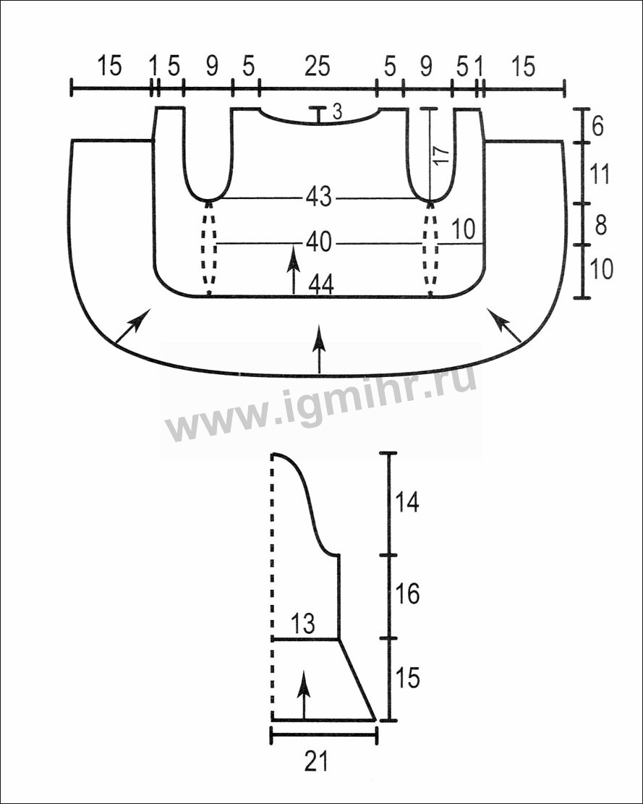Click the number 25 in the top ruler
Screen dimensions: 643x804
pos(318,67)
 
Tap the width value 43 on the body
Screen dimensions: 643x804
pos(319,197)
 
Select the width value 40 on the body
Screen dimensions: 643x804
pos(319,242)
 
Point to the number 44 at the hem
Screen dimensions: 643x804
pos(321,285)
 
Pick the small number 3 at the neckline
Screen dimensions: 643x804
pos(337,111)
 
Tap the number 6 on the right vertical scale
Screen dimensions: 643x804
pos(597,126)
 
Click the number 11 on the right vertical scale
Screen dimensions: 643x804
pos(600,174)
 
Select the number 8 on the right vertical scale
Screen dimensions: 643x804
pos(600,224)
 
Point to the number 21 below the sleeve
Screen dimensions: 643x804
pos(316,761)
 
